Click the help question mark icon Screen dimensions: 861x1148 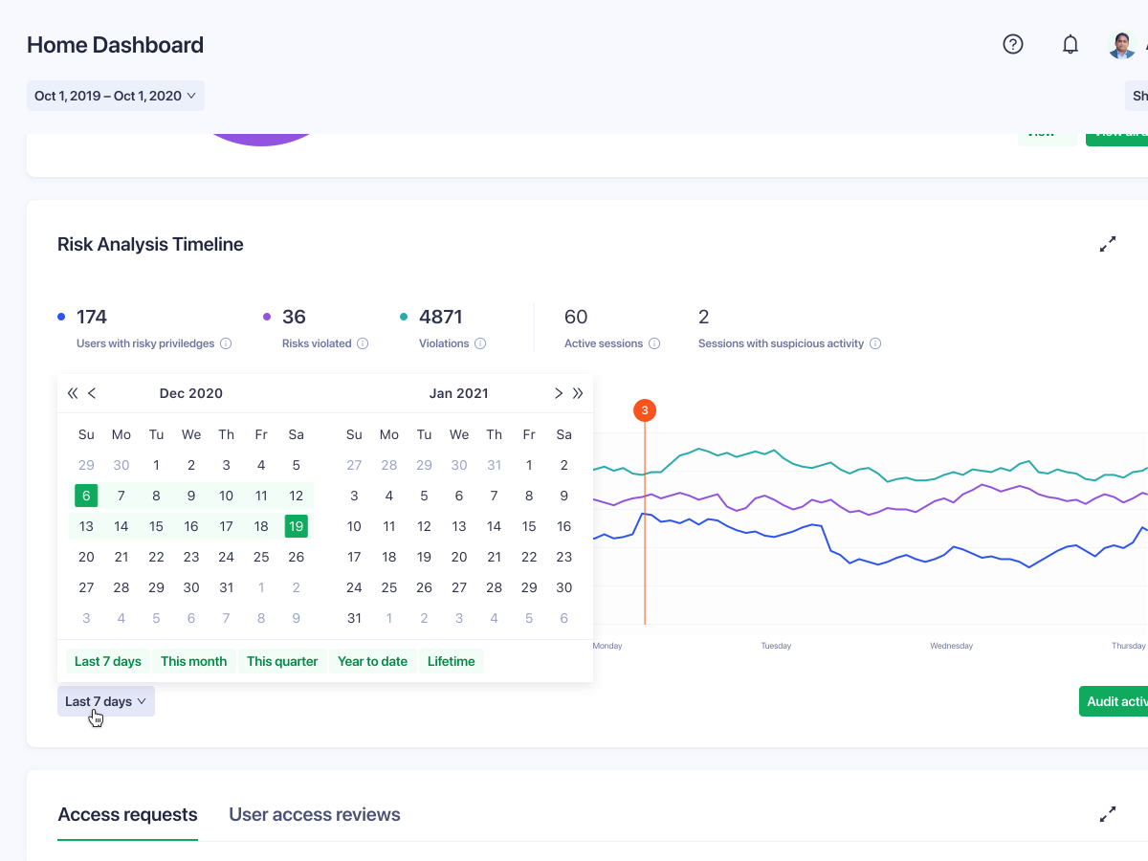point(1013,44)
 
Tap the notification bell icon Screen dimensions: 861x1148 point(1071,44)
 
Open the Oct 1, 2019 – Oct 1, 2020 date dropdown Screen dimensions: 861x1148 point(115,96)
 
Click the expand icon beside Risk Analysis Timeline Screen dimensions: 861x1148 point(1108,244)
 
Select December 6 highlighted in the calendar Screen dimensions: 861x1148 point(86,496)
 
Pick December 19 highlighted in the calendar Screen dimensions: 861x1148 point(297,526)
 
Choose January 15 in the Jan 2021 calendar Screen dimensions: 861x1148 point(529,526)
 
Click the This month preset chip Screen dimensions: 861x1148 point(193,661)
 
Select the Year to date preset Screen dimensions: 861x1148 point(372,661)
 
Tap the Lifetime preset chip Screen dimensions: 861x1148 point(452,661)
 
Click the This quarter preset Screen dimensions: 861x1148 point(282,661)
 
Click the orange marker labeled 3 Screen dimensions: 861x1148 point(645,410)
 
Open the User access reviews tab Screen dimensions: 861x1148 point(314,815)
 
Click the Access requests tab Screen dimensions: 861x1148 point(127,815)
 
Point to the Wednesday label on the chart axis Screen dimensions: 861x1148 point(951,646)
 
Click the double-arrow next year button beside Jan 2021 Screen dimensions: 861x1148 point(578,393)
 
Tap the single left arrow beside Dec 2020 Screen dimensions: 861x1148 point(92,393)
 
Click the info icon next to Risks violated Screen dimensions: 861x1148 point(363,343)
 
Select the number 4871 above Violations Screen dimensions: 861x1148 point(440,317)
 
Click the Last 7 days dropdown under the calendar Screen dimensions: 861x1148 point(105,701)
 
